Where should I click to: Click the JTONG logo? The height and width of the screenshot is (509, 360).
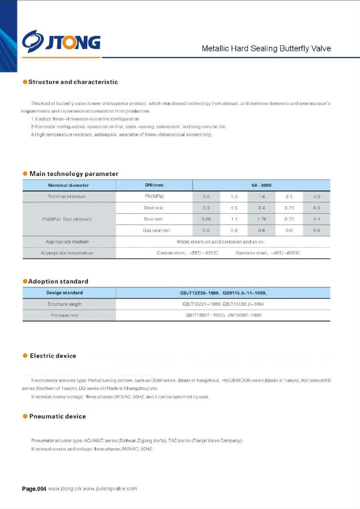tap(61, 41)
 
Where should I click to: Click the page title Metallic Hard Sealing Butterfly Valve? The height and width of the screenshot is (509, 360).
tap(266, 48)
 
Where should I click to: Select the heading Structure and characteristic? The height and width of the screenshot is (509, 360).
tap(73, 82)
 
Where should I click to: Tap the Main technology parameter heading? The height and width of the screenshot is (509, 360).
tap(74, 174)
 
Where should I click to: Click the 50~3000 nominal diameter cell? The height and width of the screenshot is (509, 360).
tap(261, 185)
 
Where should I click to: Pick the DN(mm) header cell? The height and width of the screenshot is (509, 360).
tap(154, 185)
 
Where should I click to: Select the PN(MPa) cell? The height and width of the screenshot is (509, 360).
tap(154, 196)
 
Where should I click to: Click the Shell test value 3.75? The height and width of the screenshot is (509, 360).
tap(289, 208)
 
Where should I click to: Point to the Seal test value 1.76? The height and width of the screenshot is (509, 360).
tap(262, 219)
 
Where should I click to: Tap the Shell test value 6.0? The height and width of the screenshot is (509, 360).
tap(316, 208)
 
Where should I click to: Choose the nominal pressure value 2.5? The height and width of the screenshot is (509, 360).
tap(289, 197)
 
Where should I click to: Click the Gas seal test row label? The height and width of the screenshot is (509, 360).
tap(156, 230)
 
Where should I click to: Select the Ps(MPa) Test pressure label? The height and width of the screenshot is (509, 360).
tap(67, 219)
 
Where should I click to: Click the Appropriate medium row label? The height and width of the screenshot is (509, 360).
tap(67, 242)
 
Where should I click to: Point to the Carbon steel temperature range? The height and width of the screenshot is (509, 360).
tap(187, 253)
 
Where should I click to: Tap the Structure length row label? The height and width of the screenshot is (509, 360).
tap(64, 304)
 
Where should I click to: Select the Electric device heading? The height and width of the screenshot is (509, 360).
tap(53, 356)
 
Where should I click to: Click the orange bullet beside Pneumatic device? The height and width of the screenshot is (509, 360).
tap(25, 416)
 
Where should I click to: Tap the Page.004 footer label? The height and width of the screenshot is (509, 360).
tap(34, 489)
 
